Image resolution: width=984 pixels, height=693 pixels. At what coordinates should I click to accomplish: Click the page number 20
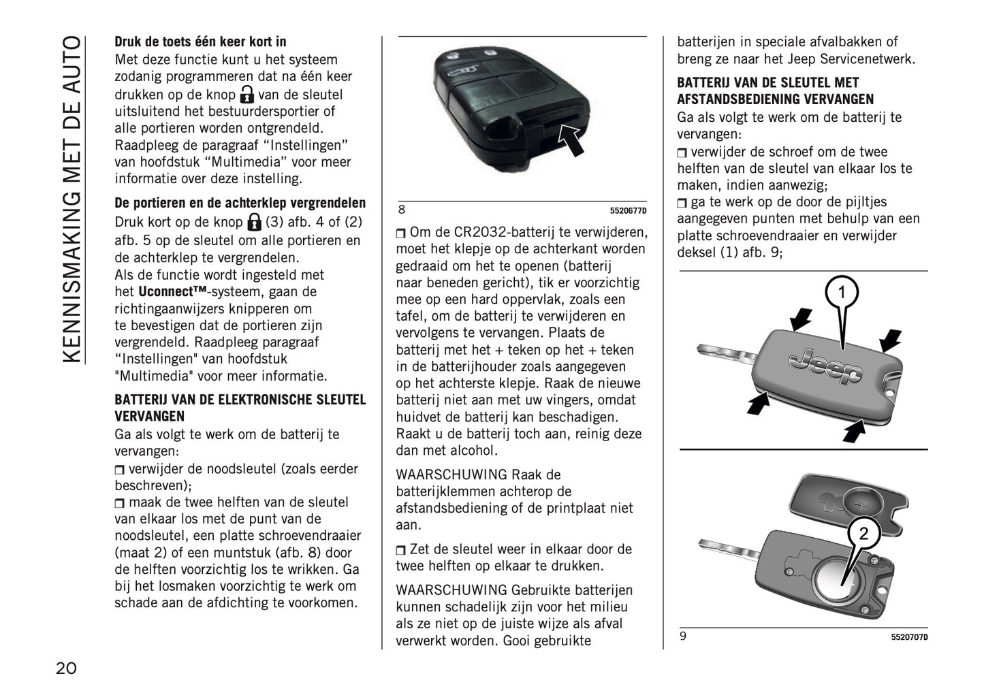point(66,668)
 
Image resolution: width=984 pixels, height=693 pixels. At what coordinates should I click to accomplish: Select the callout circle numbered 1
point(841,293)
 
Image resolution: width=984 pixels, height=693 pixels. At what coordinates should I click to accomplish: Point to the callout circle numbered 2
point(863,534)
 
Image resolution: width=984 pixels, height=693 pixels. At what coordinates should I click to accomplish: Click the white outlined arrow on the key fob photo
point(571,140)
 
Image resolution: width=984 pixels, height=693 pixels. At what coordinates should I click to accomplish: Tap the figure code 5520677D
point(628,210)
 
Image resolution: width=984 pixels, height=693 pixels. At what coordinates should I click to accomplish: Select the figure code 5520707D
point(908,637)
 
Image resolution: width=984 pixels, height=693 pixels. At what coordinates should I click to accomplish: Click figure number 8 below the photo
point(402,210)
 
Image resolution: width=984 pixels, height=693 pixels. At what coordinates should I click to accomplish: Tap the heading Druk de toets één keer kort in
point(200,42)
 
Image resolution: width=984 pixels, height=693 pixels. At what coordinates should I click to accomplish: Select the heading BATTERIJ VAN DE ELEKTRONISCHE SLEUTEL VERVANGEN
point(240,408)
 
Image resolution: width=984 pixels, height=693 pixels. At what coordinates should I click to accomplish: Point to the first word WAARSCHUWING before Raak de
point(451,474)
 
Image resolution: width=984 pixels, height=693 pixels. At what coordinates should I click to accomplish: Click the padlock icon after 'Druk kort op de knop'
point(254,222)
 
